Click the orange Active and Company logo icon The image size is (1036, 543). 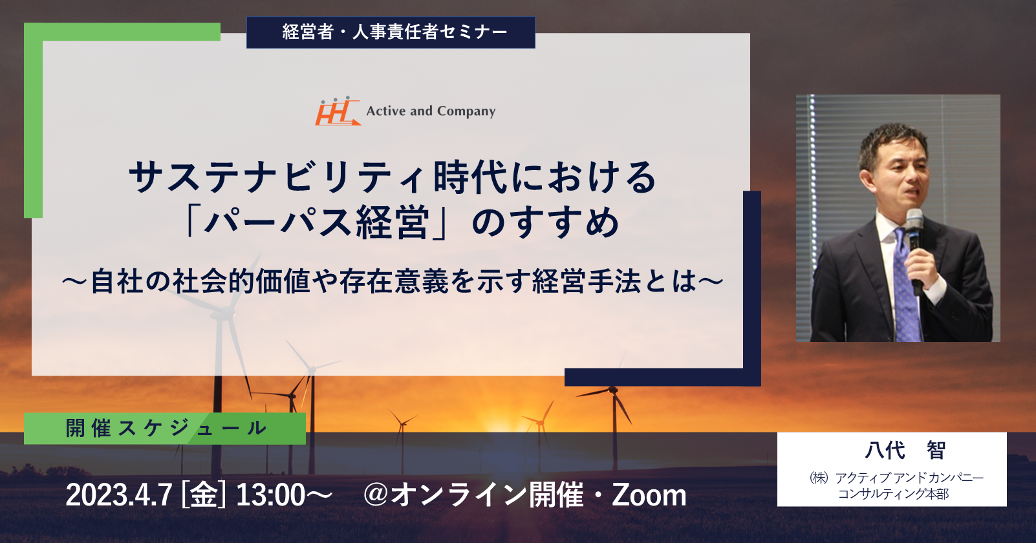pyautogui.click(x=338, y=111)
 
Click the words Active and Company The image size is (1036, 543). pyautogui.click(x=431, y=111)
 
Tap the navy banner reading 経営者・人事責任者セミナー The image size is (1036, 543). pyautogui.click(x=391, y=32)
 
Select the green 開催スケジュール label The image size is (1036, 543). pyautogui.click(x=165, y=429)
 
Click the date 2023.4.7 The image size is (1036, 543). pyautogui.click(x=120, y=495)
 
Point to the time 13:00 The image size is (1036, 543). pyautogui.click(x=270, y=495)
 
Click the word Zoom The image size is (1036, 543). pyautogui.click(x=649, y=495)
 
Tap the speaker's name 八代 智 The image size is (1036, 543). pyautogui.click(x=892, y=450)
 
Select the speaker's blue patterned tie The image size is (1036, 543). pyautogui.click(x=905, y=286)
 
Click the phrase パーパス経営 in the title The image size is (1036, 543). pyautogui.click(x=317, y=222)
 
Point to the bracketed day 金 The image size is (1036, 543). pyautogui.click(x=204, y=495)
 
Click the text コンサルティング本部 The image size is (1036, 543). pyautogui.click(x=894, y=494)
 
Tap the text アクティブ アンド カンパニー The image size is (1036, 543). pyautogui.click(x=910, y=478)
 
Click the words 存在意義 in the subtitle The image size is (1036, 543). pyautogui.click(x=394, y=281)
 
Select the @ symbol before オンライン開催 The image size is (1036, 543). pyautogui.click(x=376, y=495)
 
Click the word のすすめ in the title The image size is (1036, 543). pyautogui.click(x=545, y=222)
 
